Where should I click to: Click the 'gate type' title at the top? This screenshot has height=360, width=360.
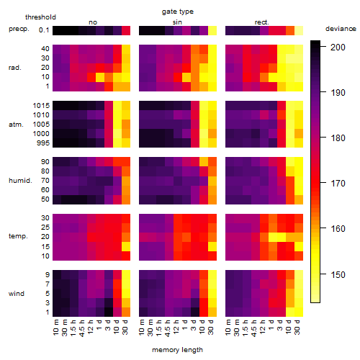click(x=178, y=12)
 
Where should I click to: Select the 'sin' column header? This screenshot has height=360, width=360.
click(x=177, y=22)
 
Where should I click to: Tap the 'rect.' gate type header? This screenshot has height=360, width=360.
click(x=261, y=22)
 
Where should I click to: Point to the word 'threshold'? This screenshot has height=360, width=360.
click(x=40, y=17)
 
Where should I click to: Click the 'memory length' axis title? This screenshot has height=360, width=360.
click(x=177, y=350)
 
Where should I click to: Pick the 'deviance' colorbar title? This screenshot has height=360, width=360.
click(x=341, y=29)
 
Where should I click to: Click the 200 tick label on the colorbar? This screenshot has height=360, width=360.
click(x=338, y=48)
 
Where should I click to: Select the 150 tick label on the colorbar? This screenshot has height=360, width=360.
click(x=338, y=274)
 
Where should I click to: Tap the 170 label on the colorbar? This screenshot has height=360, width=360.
click(x=338, y=184)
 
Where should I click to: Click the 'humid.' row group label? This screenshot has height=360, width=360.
click(x=20, y=181)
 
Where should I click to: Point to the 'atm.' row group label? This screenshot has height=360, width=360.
click(x=16, y=125)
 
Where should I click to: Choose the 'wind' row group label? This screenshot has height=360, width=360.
click(x=17, y=294)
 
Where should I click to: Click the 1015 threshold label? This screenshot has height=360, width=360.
click(x=41, y=106)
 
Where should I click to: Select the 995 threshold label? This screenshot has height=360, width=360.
click(x=43, y=143)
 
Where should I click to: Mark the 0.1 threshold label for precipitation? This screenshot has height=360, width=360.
click(x=44, y=30)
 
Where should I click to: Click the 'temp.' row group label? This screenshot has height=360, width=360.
click(x=18, y=236)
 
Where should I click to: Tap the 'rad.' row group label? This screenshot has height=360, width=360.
click(x=15, y=68)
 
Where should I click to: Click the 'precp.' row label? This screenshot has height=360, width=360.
click(x=19, y=30)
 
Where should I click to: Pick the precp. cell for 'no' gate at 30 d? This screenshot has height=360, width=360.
click(x=126, y=31)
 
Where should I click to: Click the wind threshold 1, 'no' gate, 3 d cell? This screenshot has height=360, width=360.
click(x=109, y=312)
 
